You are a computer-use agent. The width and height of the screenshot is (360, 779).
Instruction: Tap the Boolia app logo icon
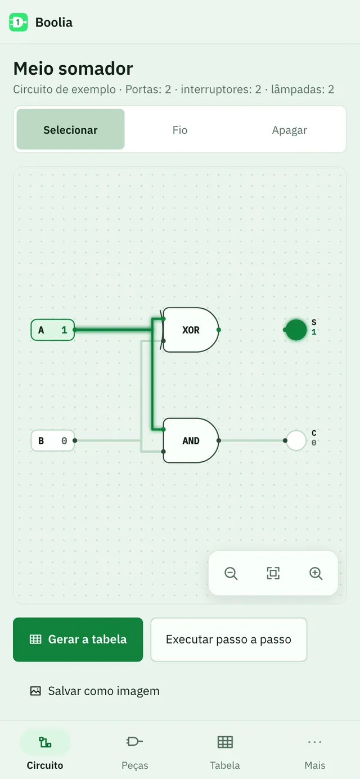click(18, 22)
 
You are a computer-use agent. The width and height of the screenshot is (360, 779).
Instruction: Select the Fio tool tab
click(180, 130)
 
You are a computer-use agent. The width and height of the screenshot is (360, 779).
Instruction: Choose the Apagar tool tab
click(289, 130)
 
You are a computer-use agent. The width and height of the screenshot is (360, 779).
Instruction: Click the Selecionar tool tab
click(71, 129)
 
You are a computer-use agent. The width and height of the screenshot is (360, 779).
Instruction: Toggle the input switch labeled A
click(52, 330)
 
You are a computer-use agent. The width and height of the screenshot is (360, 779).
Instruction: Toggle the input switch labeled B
click(52, 440)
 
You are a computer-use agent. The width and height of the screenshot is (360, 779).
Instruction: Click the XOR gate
click(191, 330)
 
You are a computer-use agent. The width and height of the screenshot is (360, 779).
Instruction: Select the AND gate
click(191, 440)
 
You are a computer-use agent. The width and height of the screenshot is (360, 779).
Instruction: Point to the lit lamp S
click(296, 330)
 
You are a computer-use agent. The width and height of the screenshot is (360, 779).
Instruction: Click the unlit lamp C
click(296, 440)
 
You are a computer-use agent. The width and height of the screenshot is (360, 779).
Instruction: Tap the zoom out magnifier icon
click(231, 574)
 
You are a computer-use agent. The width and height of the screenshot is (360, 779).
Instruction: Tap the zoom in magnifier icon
click(316, 574)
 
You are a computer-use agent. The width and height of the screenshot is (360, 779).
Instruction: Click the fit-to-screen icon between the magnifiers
click(273, 573)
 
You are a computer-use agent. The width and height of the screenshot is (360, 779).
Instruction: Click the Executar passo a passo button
click(229, 640)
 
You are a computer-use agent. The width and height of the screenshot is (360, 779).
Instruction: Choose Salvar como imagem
click(94, 691)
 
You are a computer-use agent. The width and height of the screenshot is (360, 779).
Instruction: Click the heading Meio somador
click(73, 69)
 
